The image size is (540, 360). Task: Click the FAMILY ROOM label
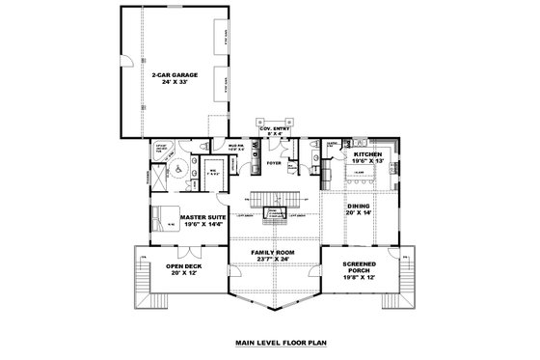[273, 252]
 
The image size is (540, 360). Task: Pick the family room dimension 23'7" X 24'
[273, 260]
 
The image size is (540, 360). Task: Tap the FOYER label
[275, 163]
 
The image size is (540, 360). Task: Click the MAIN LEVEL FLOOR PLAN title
[273, 343]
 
